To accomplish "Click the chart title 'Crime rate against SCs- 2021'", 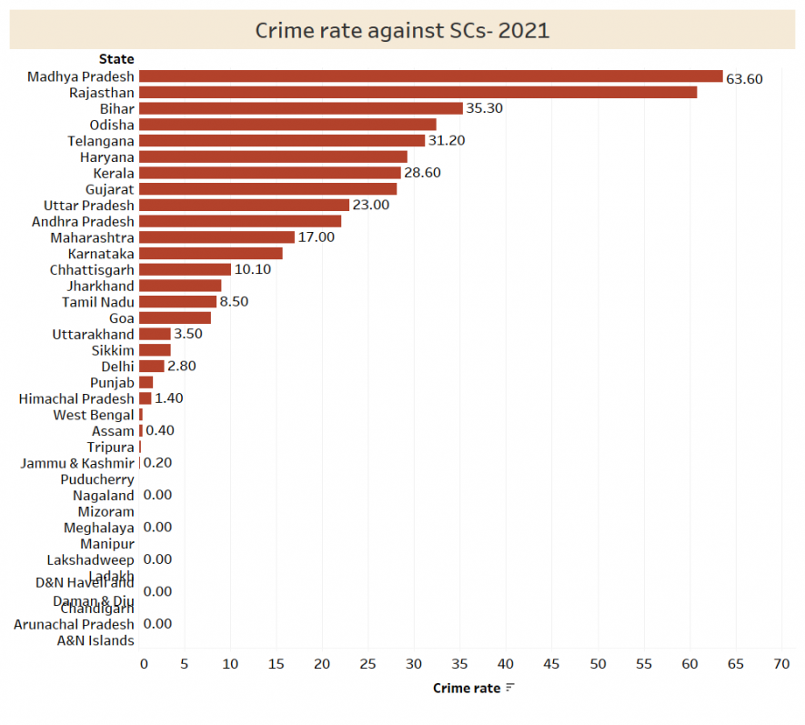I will pyautogui.click(x=402, y=30).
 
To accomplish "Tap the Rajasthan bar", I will pyautogui.click(x=418, y=93).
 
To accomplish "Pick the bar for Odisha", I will pyautogui.click(x=287, y=125).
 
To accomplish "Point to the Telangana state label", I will pyautogui.click(x=101, y=141).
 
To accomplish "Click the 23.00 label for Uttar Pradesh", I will pyautogui.click(x=370, y=205).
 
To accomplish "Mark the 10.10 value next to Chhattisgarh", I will pyautogui.click(x=253, y=269).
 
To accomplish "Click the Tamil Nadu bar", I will pyautogui.click(x=177, y=301).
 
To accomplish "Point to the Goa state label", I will pyautogui.click(x=122, y=317).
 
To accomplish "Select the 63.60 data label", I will pyautogui.click(x=744, y=79).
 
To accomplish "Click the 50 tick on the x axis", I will pyautogui.click(x=599, y=665).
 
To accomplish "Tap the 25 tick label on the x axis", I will pyautogui.click(x=368, y=665).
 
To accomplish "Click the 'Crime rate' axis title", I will pyautogui.click(x=467, y=689).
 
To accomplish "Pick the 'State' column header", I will pyautogui.click(x=116, y=59).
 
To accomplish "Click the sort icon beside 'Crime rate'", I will pyautogui.click(x=510, y=689).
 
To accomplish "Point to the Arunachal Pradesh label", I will pyautogui.click(x=74, y=624).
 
